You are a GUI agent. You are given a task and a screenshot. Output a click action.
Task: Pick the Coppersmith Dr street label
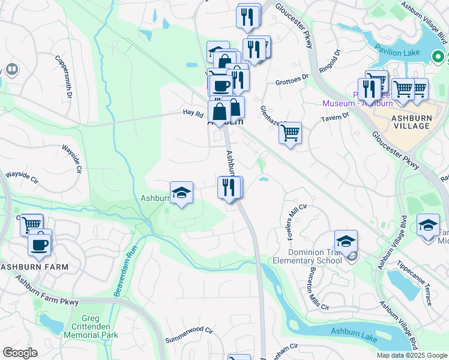pos(64,77)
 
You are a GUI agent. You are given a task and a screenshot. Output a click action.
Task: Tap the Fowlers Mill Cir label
pos(297,222)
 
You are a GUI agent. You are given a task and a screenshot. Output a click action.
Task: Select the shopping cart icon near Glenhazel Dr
pos(290,131)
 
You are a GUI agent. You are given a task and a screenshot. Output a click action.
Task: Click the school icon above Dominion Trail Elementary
pos(346,241)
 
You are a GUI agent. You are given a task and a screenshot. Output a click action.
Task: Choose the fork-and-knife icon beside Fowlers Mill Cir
pos(229,187)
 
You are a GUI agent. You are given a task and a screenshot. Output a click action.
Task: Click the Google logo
pos(20,353)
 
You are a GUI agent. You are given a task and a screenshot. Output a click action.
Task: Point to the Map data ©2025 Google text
pos(411,355)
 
